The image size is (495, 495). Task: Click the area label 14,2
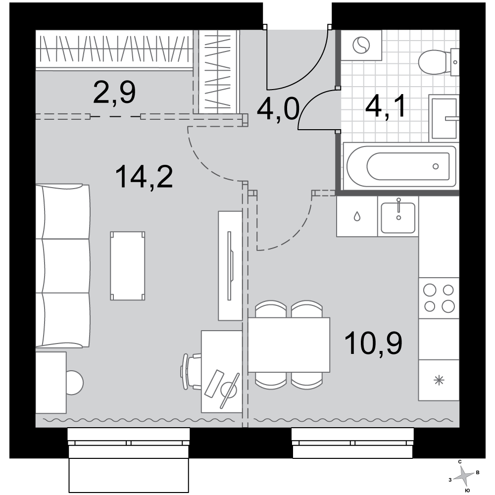pos(144,177)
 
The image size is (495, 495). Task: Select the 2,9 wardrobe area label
pos(114,92)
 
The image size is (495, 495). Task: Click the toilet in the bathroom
pos(438,62)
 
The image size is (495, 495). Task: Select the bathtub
pos(400,166)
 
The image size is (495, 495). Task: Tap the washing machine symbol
pos(361,45)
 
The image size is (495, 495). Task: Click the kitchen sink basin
pos(398,217)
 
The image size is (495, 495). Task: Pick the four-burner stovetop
pos(439,298)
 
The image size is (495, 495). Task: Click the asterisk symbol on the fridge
pos(439,380)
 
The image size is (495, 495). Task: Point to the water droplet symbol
pos(357,217)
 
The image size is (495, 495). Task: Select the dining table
pos(289,345)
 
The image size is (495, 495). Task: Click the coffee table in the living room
pos(128,266)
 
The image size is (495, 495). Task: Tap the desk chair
pos(191,372)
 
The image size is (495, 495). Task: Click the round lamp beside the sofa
pos(75,382)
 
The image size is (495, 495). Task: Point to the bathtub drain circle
pos(436,166)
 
